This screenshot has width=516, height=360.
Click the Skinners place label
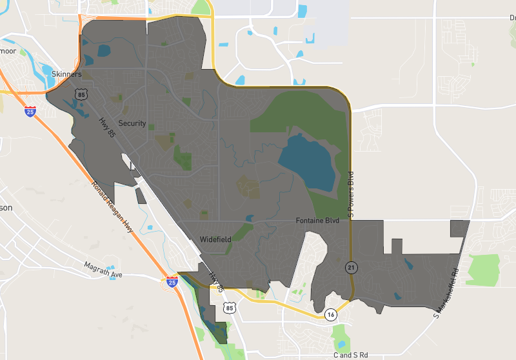(66, 74)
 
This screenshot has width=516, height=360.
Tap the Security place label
(132, 123)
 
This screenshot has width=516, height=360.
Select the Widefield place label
(215, 239)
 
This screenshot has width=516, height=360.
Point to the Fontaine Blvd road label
(317, 221)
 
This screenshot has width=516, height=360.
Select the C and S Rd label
(350, 354)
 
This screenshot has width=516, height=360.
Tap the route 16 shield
(330, 315)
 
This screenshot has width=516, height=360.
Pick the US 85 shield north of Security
(81, 95)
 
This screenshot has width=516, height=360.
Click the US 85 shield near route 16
(230, 308)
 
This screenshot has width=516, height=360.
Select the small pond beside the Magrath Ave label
(111, 267)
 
